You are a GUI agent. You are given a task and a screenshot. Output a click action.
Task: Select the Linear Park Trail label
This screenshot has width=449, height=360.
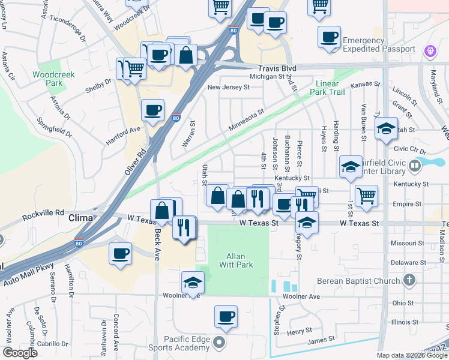[327, 88]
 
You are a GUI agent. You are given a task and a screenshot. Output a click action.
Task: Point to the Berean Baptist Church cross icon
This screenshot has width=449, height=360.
[409, 280]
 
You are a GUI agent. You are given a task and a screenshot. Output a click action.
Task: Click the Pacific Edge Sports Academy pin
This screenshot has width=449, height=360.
[220, 344]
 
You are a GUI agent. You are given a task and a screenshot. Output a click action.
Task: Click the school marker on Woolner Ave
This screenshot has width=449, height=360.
[193, 283]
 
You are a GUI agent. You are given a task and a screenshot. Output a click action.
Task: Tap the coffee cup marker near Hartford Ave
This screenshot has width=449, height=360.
[152, 110]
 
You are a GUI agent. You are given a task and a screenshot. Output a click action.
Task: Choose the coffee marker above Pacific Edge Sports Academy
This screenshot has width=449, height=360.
[226, 316]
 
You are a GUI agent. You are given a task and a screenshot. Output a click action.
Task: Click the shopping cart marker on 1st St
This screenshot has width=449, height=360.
[366, 196]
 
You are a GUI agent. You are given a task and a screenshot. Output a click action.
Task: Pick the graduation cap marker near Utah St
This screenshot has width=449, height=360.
[385, 128]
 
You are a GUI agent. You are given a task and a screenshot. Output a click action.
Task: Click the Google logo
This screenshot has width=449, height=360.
[19, 353]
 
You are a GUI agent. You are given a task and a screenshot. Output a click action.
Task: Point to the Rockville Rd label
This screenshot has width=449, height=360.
[43, 212]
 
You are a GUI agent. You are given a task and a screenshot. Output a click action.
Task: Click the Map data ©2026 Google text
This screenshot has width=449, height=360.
[412, 355]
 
